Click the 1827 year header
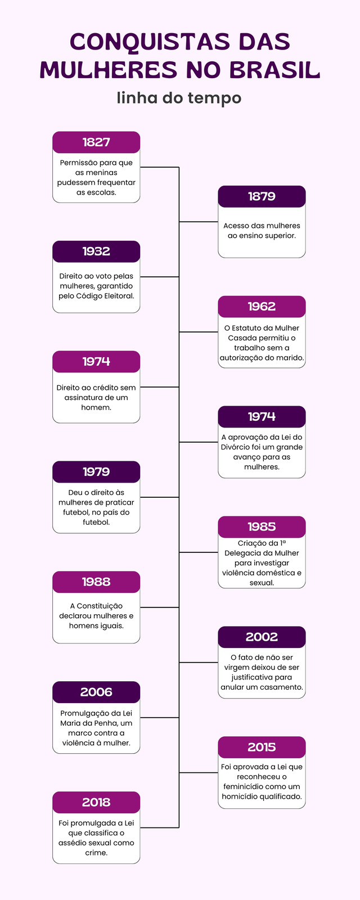96,142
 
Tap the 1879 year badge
262,196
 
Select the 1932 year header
96,251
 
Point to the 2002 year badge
262,637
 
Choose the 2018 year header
96,802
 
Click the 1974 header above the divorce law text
262,417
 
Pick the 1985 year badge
262,526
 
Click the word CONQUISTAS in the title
150,42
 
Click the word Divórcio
237,447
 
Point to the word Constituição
100,606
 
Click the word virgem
237,668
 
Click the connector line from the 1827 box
160,167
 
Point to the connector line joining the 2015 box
199,772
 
